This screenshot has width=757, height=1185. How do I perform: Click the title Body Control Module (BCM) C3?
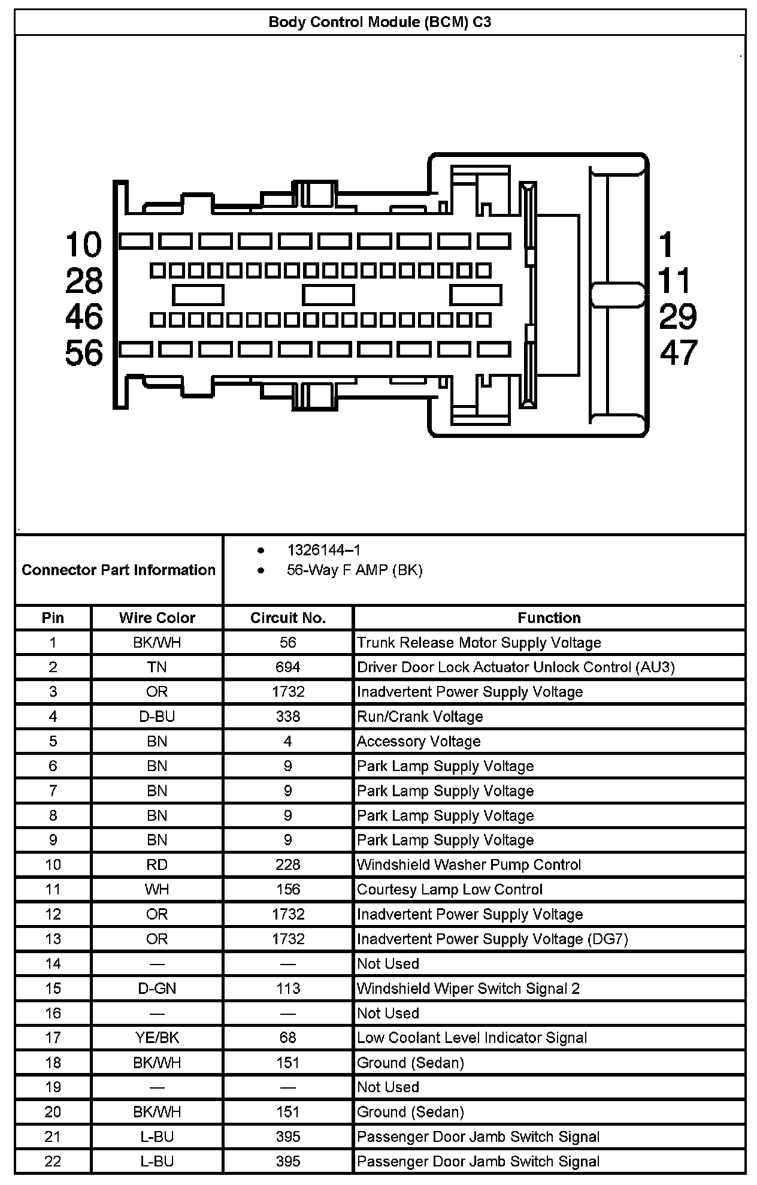click(x=380, y=23)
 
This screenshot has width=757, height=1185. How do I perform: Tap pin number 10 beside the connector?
click(x=84, y=244)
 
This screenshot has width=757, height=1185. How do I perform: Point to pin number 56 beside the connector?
click(x=84, y=353)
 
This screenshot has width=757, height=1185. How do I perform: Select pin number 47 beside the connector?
click(x=679, y=353)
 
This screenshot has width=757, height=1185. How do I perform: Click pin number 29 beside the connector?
click(x=678, y=317)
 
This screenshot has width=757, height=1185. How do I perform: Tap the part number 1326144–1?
click(x=323, y=550)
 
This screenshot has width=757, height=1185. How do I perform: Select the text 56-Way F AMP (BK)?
click(x=355, y=570)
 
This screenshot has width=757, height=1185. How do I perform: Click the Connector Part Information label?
click(x=119, y=570)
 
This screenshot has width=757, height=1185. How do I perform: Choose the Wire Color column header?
click(x=157, y=618)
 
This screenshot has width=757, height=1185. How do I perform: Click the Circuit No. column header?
click(x=288, y=618)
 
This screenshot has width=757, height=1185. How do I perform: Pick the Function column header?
click(x=549, y=618)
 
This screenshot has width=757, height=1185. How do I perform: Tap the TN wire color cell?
click(x=157, y=667)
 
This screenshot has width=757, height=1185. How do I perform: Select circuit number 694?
click(x=288, y=667)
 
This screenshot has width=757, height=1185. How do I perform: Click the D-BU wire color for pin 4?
click(x=157, y=717)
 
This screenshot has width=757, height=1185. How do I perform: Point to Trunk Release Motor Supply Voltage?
click(x=479, y=643)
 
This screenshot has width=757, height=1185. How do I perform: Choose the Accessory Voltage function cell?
click(x=419, y=742)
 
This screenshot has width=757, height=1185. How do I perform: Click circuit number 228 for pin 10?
click(x=288, y=865)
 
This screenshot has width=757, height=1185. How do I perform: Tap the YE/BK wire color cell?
click(x=157, y=1038)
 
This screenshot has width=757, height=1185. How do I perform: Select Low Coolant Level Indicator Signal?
click(x=472, y=1038)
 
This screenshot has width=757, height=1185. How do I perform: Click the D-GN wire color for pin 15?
click(x=157, y=988)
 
